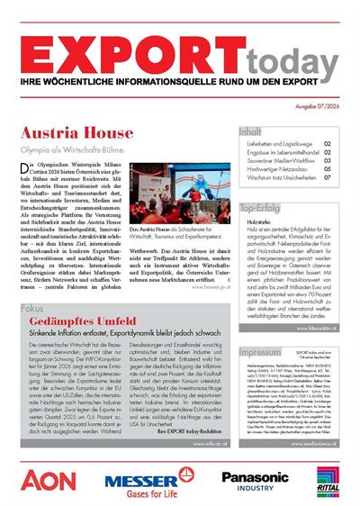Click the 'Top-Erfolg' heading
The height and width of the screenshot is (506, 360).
[264, 208]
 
